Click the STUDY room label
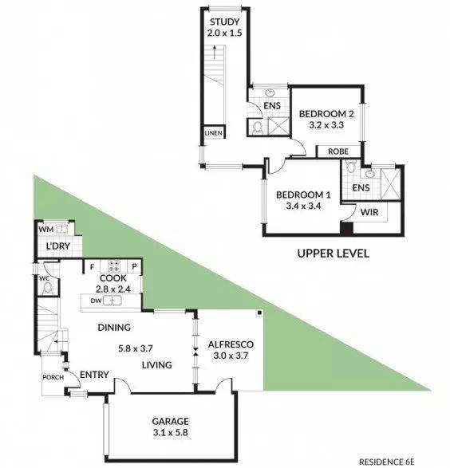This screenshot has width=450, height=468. [224, 22]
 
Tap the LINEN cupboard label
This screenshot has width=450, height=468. [214, 133]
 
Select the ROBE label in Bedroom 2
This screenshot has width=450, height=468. [338, 151]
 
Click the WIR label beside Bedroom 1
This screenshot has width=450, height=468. [369, 212]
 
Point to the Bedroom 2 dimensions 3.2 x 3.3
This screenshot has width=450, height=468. [326, 125]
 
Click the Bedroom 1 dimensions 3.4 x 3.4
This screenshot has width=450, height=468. [303, 206]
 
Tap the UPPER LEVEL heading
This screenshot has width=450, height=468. [333, 254]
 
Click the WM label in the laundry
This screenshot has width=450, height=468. [46, 230]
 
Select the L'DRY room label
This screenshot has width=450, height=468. [58, 246]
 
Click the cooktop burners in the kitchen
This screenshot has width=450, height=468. [114, 266]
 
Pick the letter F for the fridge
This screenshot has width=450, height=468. [92, 267]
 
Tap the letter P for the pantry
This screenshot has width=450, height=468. [134, 266]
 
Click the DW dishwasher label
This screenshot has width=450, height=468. [97, 301]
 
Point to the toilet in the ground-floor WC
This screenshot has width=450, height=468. [48, 288]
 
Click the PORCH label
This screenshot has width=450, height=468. [53, 377]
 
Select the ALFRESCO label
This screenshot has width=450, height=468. [231, 344]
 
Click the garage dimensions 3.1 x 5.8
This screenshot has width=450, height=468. [170, 432]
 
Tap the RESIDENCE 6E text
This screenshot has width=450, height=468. [387, 462]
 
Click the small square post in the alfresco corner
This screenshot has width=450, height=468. [259, 313]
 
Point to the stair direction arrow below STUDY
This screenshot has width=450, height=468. [214, 53]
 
